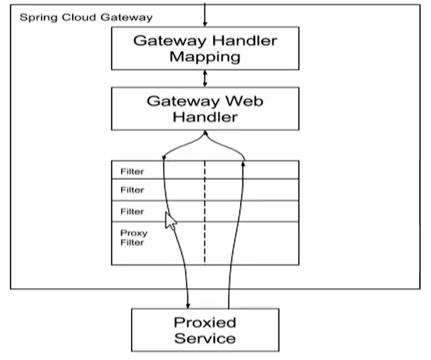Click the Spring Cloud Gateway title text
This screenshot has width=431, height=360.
coord(86,18)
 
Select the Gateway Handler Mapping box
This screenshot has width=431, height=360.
coord(205,48)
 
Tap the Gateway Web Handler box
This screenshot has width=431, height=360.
coord(205,108)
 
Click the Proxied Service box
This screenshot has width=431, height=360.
coord(205,330)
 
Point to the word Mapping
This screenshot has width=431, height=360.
coord(205,58)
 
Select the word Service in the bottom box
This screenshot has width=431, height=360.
coord(205,338)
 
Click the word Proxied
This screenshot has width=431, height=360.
coord(205,322)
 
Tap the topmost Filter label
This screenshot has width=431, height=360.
coord(133,172)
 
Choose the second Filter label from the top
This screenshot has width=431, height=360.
coord(133,190)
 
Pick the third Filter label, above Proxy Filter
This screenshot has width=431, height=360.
coord(133,212)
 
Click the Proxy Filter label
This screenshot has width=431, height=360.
coord(134,237)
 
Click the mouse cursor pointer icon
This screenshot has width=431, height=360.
coord(170,221)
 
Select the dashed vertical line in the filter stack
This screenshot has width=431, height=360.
coord(204,212)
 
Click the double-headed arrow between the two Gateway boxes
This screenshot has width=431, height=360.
coord(204,78)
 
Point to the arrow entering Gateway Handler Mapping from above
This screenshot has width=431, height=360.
coord(204,15)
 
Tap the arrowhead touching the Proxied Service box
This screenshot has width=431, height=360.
coord(188,306)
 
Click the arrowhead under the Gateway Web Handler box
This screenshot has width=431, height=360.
coord(205,133)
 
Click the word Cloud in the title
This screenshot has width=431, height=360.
coord(79,17)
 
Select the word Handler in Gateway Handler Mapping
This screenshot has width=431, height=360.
coord(244,41)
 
